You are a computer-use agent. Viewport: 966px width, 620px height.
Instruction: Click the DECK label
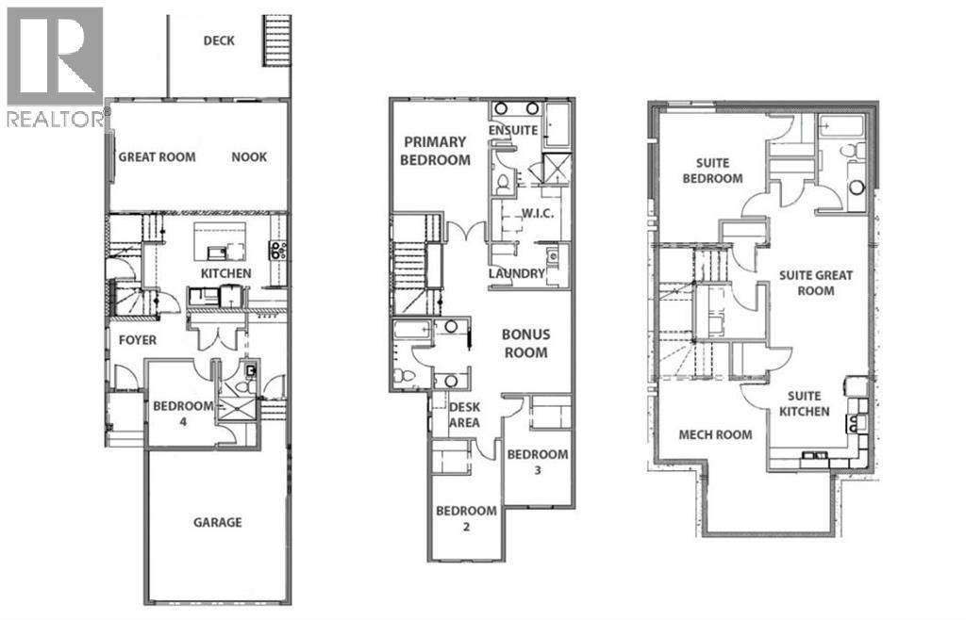(x=219, y=41)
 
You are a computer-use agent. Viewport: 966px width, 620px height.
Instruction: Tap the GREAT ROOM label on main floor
(x=157, y=157)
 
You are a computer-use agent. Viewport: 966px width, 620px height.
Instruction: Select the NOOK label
(x=249, y=157)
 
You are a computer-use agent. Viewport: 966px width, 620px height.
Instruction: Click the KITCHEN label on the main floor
(x=225, y=274)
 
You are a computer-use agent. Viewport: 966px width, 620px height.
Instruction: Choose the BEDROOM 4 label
(x=184, y=414)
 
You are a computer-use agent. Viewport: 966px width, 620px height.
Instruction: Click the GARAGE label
(x=218, y=522)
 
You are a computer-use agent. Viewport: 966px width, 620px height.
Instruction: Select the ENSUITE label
(x=513, y=130)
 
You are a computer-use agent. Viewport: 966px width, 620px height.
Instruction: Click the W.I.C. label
(x=536, y=213)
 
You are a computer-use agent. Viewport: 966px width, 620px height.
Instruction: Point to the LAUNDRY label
(x=517, y=274)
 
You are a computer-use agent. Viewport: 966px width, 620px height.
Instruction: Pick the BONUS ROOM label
(x=525, y=343)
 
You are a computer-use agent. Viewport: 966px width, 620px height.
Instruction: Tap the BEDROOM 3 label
(x=538, y=462)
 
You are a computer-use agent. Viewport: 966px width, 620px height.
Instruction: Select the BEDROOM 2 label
(x=466, y=518)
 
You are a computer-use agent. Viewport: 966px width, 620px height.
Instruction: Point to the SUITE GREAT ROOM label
(x=815, y=283)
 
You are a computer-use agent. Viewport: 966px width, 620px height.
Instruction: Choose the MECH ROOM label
(x=716, y=434)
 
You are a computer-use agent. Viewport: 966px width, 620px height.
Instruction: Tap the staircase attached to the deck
(x=277, y=41)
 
